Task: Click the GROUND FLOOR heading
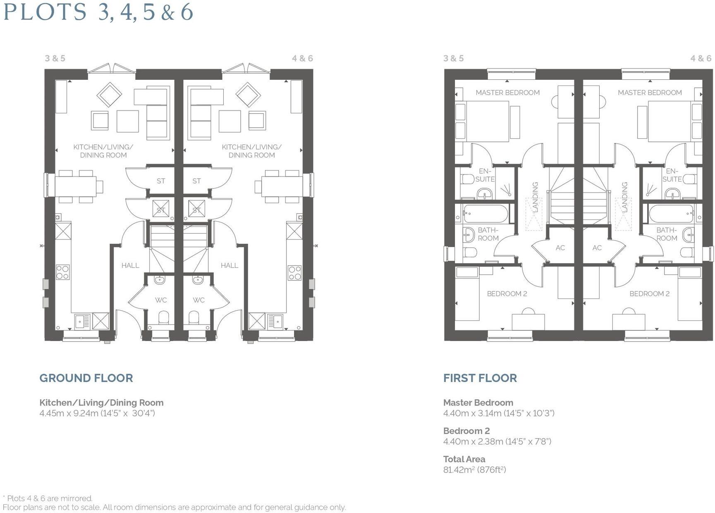click(x=86, y=378)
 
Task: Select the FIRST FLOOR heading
click(x=480, y=378)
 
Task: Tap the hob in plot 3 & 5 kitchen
click(x=63, y=272)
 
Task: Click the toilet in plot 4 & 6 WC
click(x=194, y=318)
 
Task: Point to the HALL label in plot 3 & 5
click(x=130, y=265)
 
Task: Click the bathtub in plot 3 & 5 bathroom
click(x=485, y=214)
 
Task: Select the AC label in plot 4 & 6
click(x=597, y=248)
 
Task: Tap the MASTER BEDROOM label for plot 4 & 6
click(x=650, y=93)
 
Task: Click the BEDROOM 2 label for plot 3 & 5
click(x=507, y=293)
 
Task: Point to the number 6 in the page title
click(x=187, y=12)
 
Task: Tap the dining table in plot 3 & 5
click(x=76, y=186)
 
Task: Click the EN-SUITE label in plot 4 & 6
click(x=672, y=175)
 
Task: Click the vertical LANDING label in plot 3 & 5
click(x=535, y=197)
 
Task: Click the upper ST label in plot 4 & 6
click(x=196, y=181)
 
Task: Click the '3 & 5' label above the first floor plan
click(x=453, y=58)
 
